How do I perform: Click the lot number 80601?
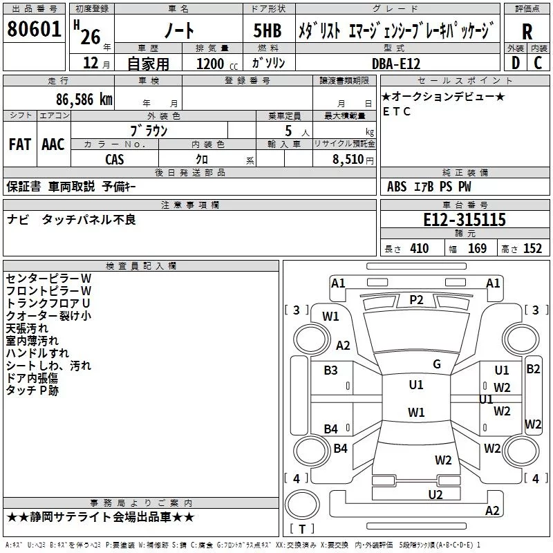click(34, 28)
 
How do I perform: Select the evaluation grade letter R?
click(527, 32)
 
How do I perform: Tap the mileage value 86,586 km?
click(84, 100)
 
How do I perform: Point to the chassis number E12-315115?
click(465, 219)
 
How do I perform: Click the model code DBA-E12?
click(396, 64)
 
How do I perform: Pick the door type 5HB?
click(268, 30)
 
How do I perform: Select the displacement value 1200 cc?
click(217, 64)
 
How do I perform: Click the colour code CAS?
click(115, 160)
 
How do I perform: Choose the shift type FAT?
click(20, 144)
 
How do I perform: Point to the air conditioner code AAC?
click(53, 144)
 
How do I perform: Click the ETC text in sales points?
click(397, 111)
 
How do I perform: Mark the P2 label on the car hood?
click(416, 300)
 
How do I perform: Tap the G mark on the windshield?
click(437, 364)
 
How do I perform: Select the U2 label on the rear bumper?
click(435, 494)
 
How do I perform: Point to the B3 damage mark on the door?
click(331, 370)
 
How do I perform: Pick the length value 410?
click(420, 248)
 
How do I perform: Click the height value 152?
click(532, 248)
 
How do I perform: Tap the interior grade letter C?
click(538, 63)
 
